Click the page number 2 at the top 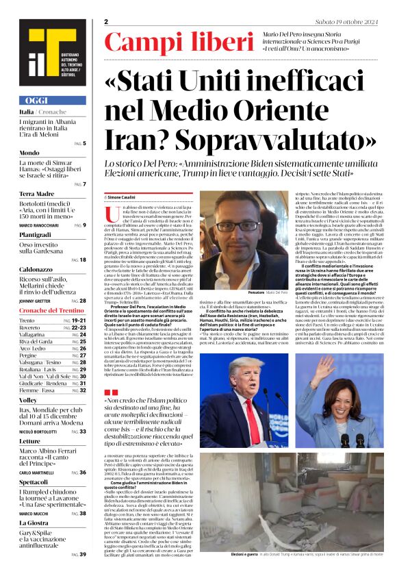[107, 22]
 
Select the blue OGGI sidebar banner [53, 100]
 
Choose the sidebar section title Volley [29, 399]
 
